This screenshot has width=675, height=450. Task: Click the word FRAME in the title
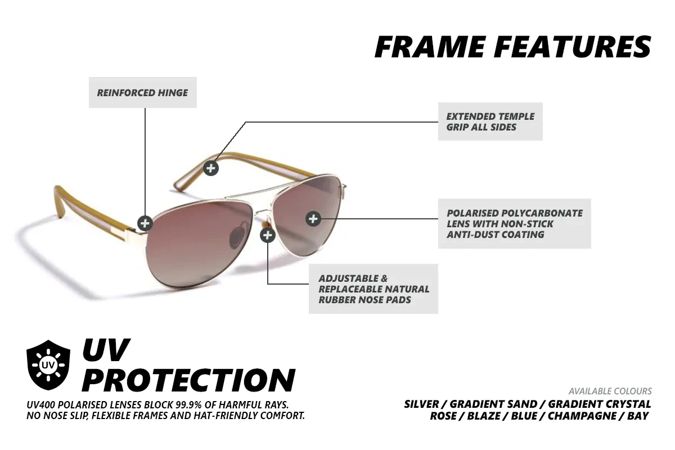(x=429, y=47)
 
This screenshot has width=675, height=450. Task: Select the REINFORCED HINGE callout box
(x=142, y=93)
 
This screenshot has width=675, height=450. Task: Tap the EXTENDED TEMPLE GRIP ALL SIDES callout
(x=490, y=121)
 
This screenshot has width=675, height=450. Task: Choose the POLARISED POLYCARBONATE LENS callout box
(x=514, y=224)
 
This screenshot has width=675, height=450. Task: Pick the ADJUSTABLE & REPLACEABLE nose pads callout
(x=373, y=289)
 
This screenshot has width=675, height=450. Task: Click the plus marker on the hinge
(x=145, y=223)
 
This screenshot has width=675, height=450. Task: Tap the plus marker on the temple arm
(x=211, y=168)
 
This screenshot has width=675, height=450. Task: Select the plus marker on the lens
(x=313, y=219)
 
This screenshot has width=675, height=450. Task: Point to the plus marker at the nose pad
(x=268, y=235)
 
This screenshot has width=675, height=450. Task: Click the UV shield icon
(x=48, y=365)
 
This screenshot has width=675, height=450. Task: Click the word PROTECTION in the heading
(x=188, y=380)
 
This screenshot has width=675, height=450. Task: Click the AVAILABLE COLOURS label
(x=610, y=391)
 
